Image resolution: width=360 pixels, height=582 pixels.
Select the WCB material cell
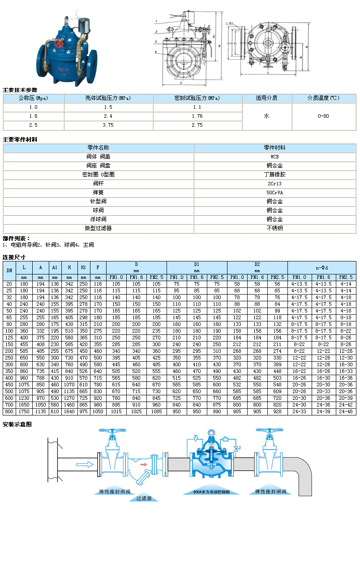[274, 157]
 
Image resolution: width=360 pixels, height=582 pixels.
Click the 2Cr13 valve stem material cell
[274, 184]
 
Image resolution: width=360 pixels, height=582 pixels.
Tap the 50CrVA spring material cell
[274, 193]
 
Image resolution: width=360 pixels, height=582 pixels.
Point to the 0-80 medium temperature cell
[323, 116]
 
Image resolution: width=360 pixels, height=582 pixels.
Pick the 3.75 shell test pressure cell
[108, 125]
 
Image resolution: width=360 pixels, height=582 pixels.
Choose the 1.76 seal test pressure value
[197, 116]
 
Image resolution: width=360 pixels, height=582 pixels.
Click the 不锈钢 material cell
[274, 228]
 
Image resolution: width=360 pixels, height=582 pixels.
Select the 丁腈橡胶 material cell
[274, 175]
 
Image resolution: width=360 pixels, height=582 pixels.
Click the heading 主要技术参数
[20, 90]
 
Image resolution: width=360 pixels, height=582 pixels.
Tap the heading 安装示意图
[17, 424]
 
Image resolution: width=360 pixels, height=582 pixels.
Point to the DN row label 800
[9, 411]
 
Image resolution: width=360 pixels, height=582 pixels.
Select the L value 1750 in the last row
[25, 411]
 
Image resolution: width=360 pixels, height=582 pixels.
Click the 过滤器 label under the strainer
[144, 498]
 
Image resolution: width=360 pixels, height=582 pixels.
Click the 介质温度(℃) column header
[323, 98]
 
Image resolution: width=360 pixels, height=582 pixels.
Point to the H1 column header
[83, 268]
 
